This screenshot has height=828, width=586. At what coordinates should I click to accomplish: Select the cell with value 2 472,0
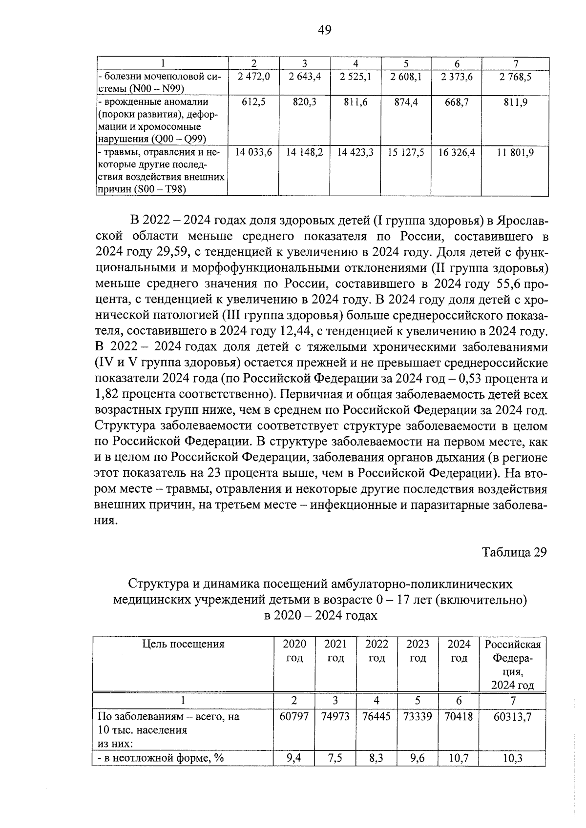point(253,77)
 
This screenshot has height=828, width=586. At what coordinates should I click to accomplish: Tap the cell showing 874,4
point(406,102)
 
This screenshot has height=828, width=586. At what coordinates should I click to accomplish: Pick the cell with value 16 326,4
point(456,153)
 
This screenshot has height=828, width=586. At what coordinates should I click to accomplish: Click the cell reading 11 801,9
point(515,153)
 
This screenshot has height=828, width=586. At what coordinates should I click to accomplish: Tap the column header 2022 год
point(377,651)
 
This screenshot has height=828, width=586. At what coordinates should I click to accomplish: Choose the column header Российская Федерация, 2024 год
point(512,664)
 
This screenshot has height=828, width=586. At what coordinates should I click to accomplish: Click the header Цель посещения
point(183,644)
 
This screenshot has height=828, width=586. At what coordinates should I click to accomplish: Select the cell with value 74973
point(335,717)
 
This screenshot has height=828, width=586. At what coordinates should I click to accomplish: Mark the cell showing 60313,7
point(512,717)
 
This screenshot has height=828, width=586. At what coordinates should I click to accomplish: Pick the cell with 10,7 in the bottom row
point(459,759)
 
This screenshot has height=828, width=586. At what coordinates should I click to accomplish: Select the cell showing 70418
point(459,717)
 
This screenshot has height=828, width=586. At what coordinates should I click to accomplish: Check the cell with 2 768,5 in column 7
point(515,77)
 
